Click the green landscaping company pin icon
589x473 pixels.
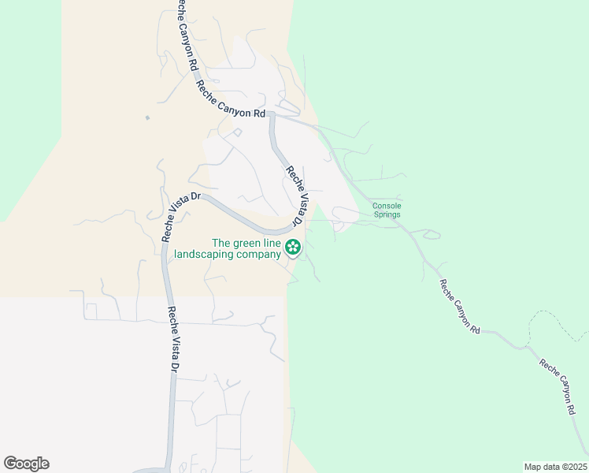click(x=293, y=248)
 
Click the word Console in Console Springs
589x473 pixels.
click(x=387, y=206)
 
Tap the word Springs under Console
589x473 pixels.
click(x=387, y=214)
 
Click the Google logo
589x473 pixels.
click(x=26, y=464)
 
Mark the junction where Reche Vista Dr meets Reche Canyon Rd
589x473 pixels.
click(x=272, y=115)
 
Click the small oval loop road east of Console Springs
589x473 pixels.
click(x=432, y=234)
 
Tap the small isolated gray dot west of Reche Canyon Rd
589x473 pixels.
click(x=147, y=118)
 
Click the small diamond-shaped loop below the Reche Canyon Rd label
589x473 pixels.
click(x=236, y=132)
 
